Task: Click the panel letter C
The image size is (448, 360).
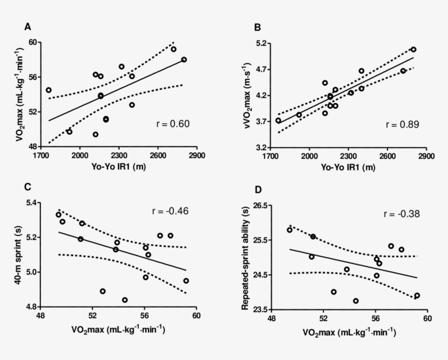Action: pyautogui.click(x=27, y=186)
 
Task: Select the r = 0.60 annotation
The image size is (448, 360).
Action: pyautogui.click(x=173, y=124)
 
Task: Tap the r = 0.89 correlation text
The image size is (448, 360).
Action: pyautogui.click(x=402, y=125)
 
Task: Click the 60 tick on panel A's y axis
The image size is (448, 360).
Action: pyautogui.click(x=33, y=43)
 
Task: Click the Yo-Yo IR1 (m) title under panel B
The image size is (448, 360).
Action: pyautogui.click(x=348, y=167)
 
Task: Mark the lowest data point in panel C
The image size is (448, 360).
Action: pyautogui.click(x=125, y=300)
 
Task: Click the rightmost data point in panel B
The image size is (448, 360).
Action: pyautogui.click(x=414, y=50)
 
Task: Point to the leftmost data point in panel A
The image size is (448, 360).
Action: pyautogui.click(x=49, y=90)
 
